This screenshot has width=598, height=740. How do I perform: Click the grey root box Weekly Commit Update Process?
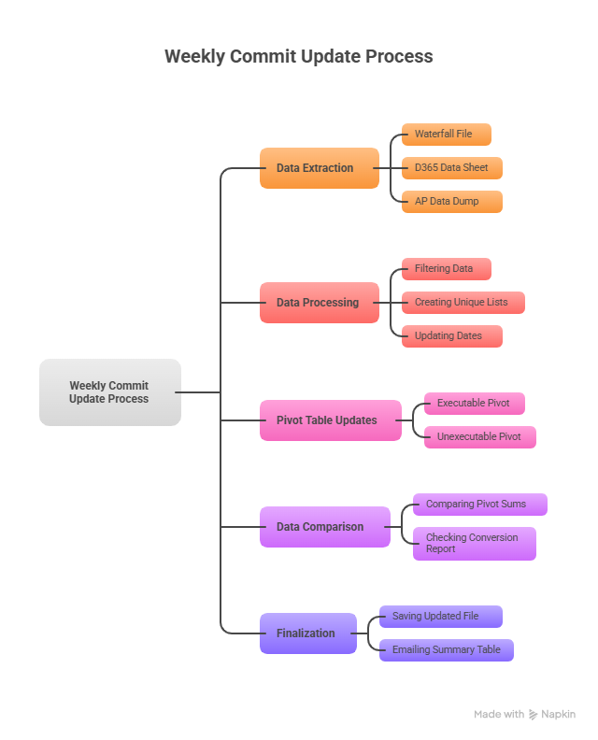coord(109,392)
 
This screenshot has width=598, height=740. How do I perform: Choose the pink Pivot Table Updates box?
coord(330,420)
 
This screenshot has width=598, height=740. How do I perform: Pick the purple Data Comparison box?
coord(324,527)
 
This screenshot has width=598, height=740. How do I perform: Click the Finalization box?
coord(307,633)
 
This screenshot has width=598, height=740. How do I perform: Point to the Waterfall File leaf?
coord(446,135)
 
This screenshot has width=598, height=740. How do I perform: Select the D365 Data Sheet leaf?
coord(451,168)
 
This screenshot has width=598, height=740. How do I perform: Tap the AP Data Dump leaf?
coord(451,202)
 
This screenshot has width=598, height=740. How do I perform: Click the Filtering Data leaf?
coord(446,269)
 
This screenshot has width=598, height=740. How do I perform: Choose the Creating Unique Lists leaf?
coord(463,303)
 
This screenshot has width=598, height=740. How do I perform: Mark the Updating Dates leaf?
coord(451,336)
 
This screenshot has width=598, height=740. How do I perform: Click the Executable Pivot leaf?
coord(474,404)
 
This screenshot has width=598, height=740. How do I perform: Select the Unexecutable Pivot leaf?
coord(479,437)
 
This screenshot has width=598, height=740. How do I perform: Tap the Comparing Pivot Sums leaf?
coord(479,505)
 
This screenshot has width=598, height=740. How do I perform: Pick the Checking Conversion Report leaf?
coord(474,544)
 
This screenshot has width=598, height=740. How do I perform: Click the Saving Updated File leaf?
coord(440,617)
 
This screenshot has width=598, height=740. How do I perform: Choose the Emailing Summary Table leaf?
coord(446,650)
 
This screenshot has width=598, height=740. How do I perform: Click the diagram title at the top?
coord(299,56)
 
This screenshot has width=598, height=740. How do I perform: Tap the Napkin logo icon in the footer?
coord(534,715)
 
